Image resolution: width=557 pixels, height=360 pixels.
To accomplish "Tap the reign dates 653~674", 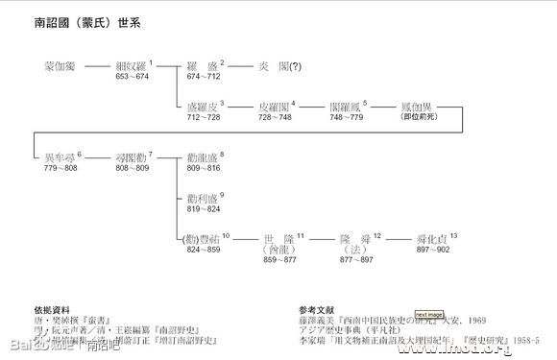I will tap(133, 76).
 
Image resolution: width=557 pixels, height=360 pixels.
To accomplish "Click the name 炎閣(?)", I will tap(278, 66).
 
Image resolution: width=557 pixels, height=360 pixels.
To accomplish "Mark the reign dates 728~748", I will tap(276, 117).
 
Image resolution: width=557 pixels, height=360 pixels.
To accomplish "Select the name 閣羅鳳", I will tap(347, 108).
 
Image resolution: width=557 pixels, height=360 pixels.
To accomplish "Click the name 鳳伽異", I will tap(418, 108).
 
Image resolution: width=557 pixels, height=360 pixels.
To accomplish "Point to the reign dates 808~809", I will tap(133, 167).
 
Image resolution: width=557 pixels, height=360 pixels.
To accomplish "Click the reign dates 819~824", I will tap(204, 208).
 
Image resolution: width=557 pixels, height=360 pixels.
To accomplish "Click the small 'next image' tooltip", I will tap(428, 315).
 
